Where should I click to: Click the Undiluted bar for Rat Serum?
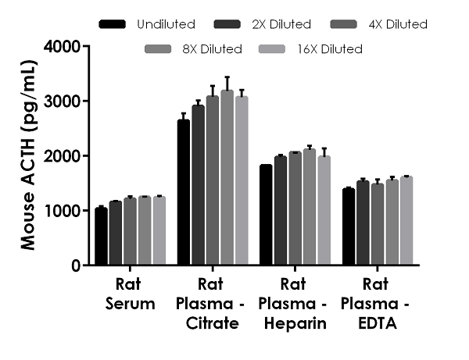(x=101, y=237)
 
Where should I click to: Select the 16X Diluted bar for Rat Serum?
(x=159, y=231)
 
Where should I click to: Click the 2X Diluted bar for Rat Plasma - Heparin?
(x=281, y=211)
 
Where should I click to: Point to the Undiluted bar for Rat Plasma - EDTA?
(x=349, y=227)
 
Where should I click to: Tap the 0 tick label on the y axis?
(x=76, y=266)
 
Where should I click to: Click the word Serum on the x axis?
(x=130, y=303)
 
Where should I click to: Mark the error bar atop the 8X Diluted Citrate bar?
(x=227, y=84)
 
